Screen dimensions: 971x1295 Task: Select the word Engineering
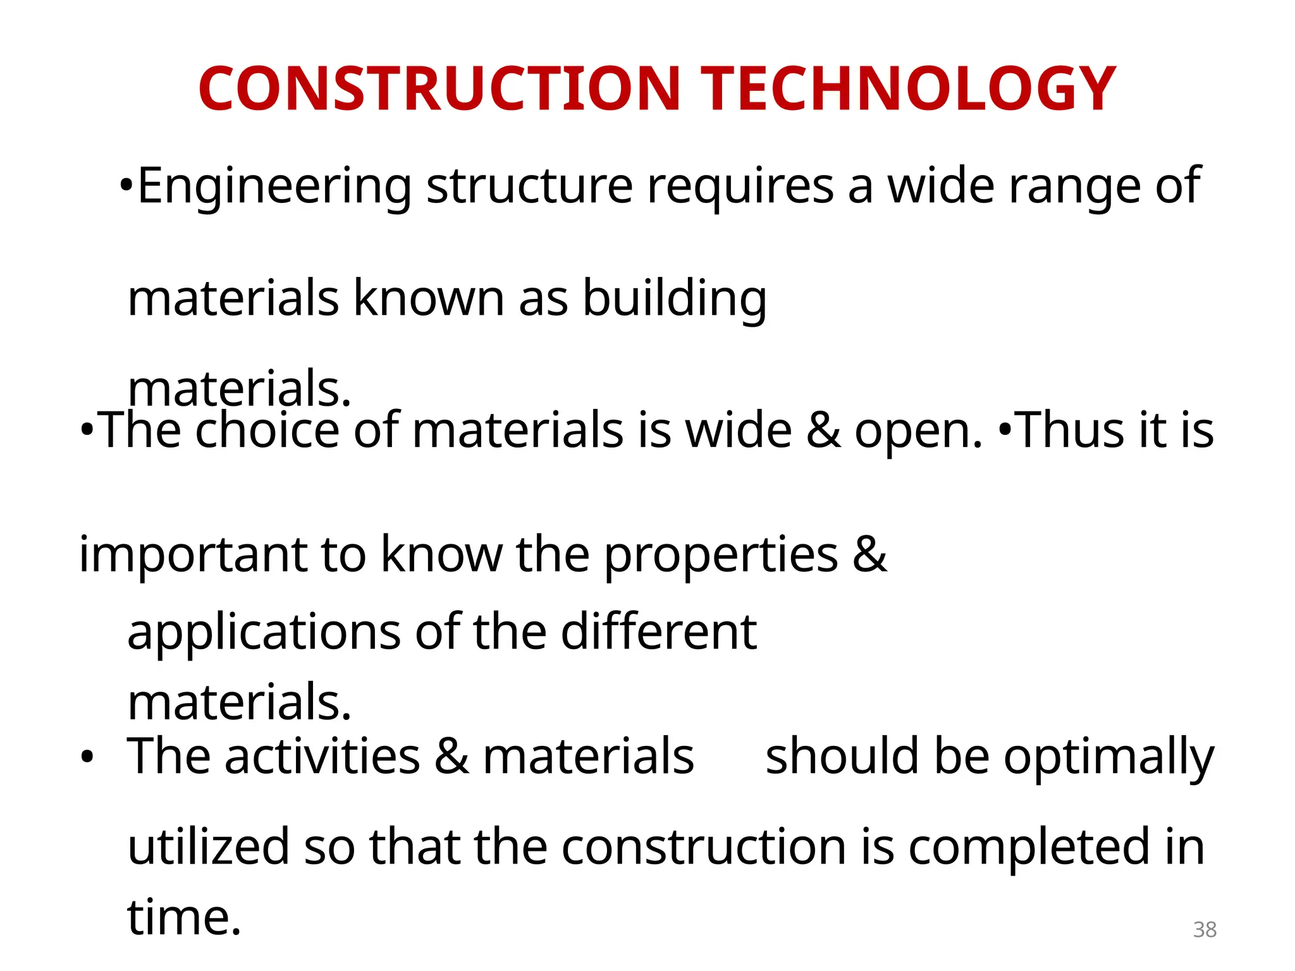pos(274,186)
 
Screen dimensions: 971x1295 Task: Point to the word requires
pos(740,186)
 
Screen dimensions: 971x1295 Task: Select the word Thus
pos(1071,430)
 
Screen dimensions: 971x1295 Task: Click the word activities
pos(322,757)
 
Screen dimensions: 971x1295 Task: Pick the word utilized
pos(209,847)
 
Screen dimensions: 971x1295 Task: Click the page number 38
pos(1205,930)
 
